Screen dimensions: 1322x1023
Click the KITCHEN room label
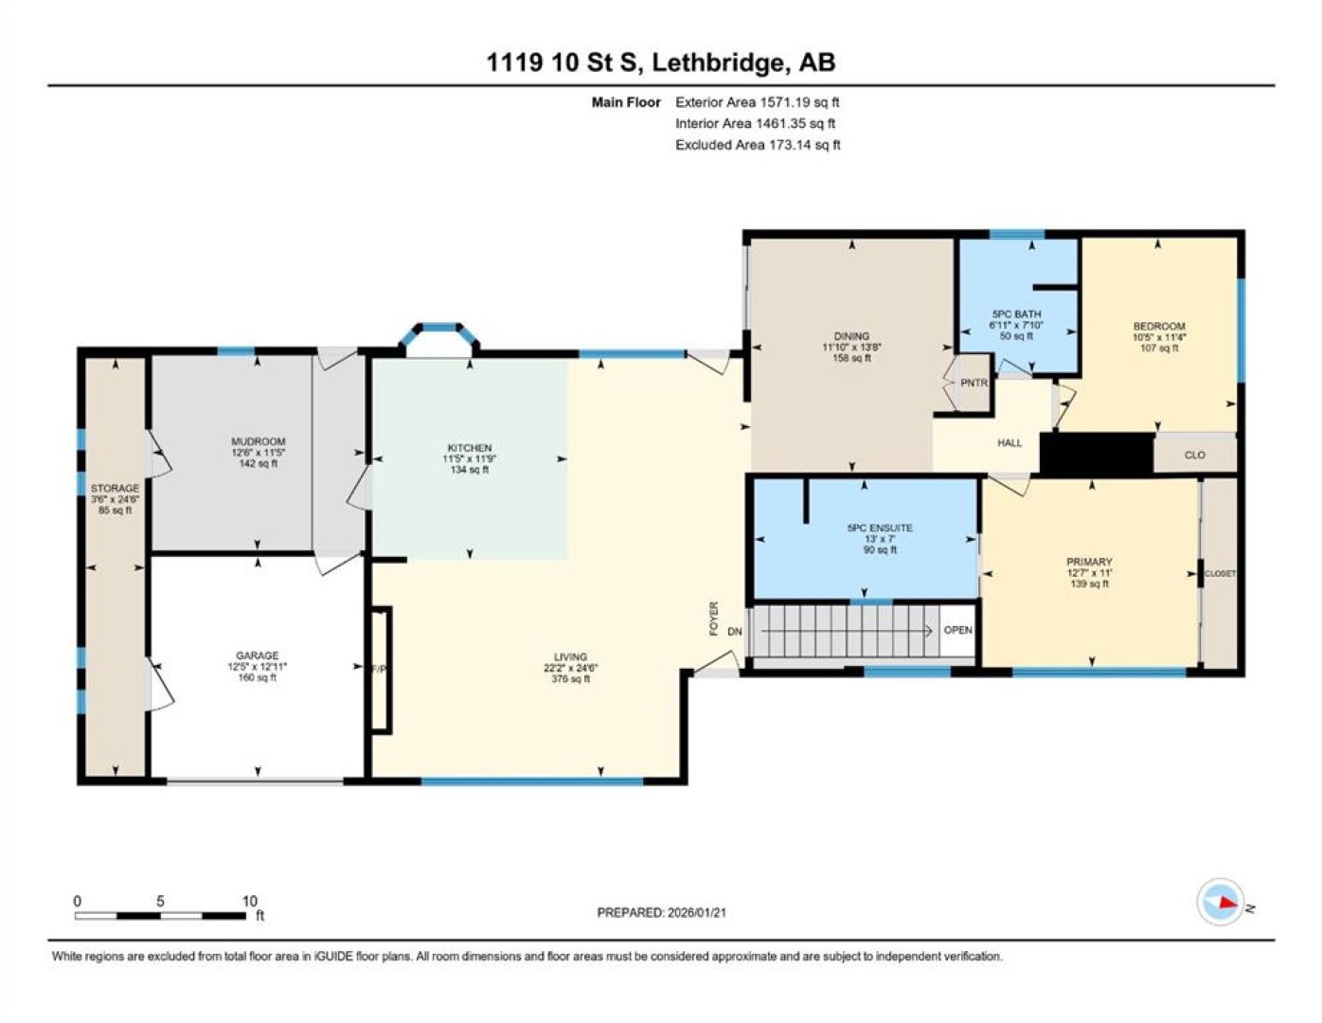pyautogui.click(x=469, y=448)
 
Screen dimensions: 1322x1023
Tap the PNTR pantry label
pyautogui.click(x=974, y=383)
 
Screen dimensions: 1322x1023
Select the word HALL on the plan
pyautogui.click(x=1009, y=443)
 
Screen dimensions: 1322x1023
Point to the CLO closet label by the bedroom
pyautogui.click(x=1195, y=455)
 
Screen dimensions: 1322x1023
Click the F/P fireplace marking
pyautogui.click(x=379, y=669)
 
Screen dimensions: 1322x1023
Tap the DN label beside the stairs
pyautogui.click(x=735, y=632)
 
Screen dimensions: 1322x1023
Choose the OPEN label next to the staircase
pyautogui.click(x=958, y=630)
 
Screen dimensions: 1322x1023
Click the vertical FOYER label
pyautogui.click(x=714, y=619)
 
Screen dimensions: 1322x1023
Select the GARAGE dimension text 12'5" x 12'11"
pyautogui.click(x=258, y=667)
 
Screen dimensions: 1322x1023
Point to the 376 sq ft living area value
pyautogui.click(x=571, y=678)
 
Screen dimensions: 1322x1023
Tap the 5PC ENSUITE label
pyautogui.click(x=880, y=529)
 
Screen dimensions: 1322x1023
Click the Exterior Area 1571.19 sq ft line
pyautogui.click(x=758, y=102)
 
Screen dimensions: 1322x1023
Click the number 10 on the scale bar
pyautogui.click(x=250, y=901)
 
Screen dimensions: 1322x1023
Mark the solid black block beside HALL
pyautogui.click(x=1097, y=453)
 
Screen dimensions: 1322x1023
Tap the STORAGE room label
pyautogui.click(x=115, y=488)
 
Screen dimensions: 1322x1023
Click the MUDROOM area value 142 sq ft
pyautogui.click(x=258, y=464)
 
